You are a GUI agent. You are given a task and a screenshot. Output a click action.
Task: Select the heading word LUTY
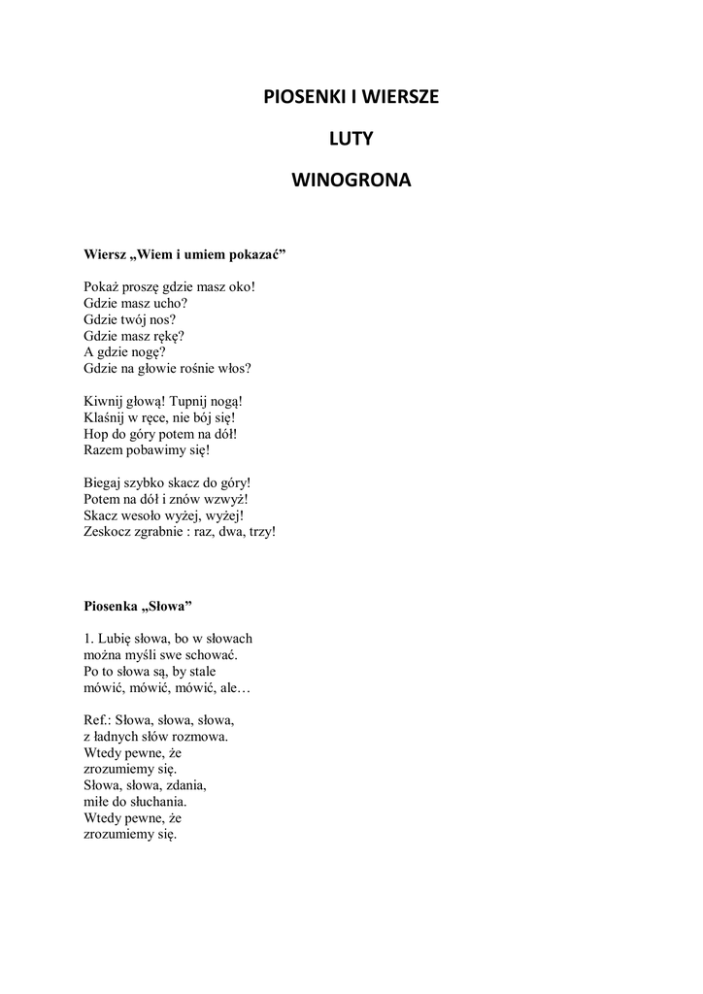point(351,139)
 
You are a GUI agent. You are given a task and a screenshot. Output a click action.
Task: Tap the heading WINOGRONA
point(351,181)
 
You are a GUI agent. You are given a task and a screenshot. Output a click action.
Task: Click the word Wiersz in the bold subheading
point(105,255)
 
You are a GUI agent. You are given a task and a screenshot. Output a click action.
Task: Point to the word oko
point(240,286)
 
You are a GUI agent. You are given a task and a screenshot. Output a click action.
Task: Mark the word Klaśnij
point(107,417)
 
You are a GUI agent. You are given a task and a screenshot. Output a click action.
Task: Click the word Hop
point(96,434)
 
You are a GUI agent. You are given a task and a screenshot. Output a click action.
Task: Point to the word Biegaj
point(103,482)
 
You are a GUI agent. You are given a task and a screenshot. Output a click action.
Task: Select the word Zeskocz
point(107,532)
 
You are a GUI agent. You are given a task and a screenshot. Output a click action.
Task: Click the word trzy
point(261,532)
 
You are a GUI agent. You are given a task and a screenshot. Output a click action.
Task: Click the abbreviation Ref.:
point(97,720)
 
